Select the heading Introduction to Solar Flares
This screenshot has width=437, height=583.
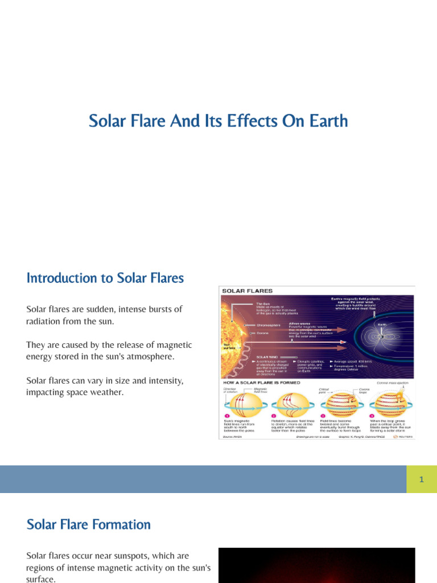point(105,278)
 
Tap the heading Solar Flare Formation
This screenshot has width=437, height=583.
point(89,524)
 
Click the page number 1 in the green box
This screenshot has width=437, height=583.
point(422,479)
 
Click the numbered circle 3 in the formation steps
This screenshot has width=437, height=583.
point(323,416)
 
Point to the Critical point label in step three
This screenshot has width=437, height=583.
point(325,391)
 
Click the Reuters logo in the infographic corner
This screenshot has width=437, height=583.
point(404,437)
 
